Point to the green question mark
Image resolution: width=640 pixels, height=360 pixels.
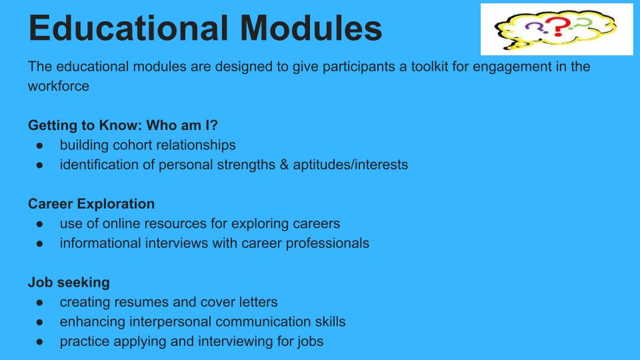[x=581, y=24]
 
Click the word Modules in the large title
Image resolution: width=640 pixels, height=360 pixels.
[x=311, y=28]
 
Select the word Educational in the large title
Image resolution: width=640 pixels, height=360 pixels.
[x=128, y=28]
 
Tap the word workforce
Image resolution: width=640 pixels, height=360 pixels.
[x=59, y=86]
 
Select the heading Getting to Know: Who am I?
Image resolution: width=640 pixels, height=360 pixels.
[x=123, y=125]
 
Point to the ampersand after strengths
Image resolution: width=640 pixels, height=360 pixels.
[x=284, y=165]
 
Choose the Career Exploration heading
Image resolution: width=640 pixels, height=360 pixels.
[x=91, y=204]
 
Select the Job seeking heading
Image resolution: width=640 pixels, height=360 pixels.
[x=69, y=282]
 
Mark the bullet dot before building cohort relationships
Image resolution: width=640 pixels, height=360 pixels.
[x=39, y=145]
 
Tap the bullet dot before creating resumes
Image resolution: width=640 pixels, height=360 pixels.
[x=39, y=303]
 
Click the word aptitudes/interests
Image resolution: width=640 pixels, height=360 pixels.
[x=350, y=165]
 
